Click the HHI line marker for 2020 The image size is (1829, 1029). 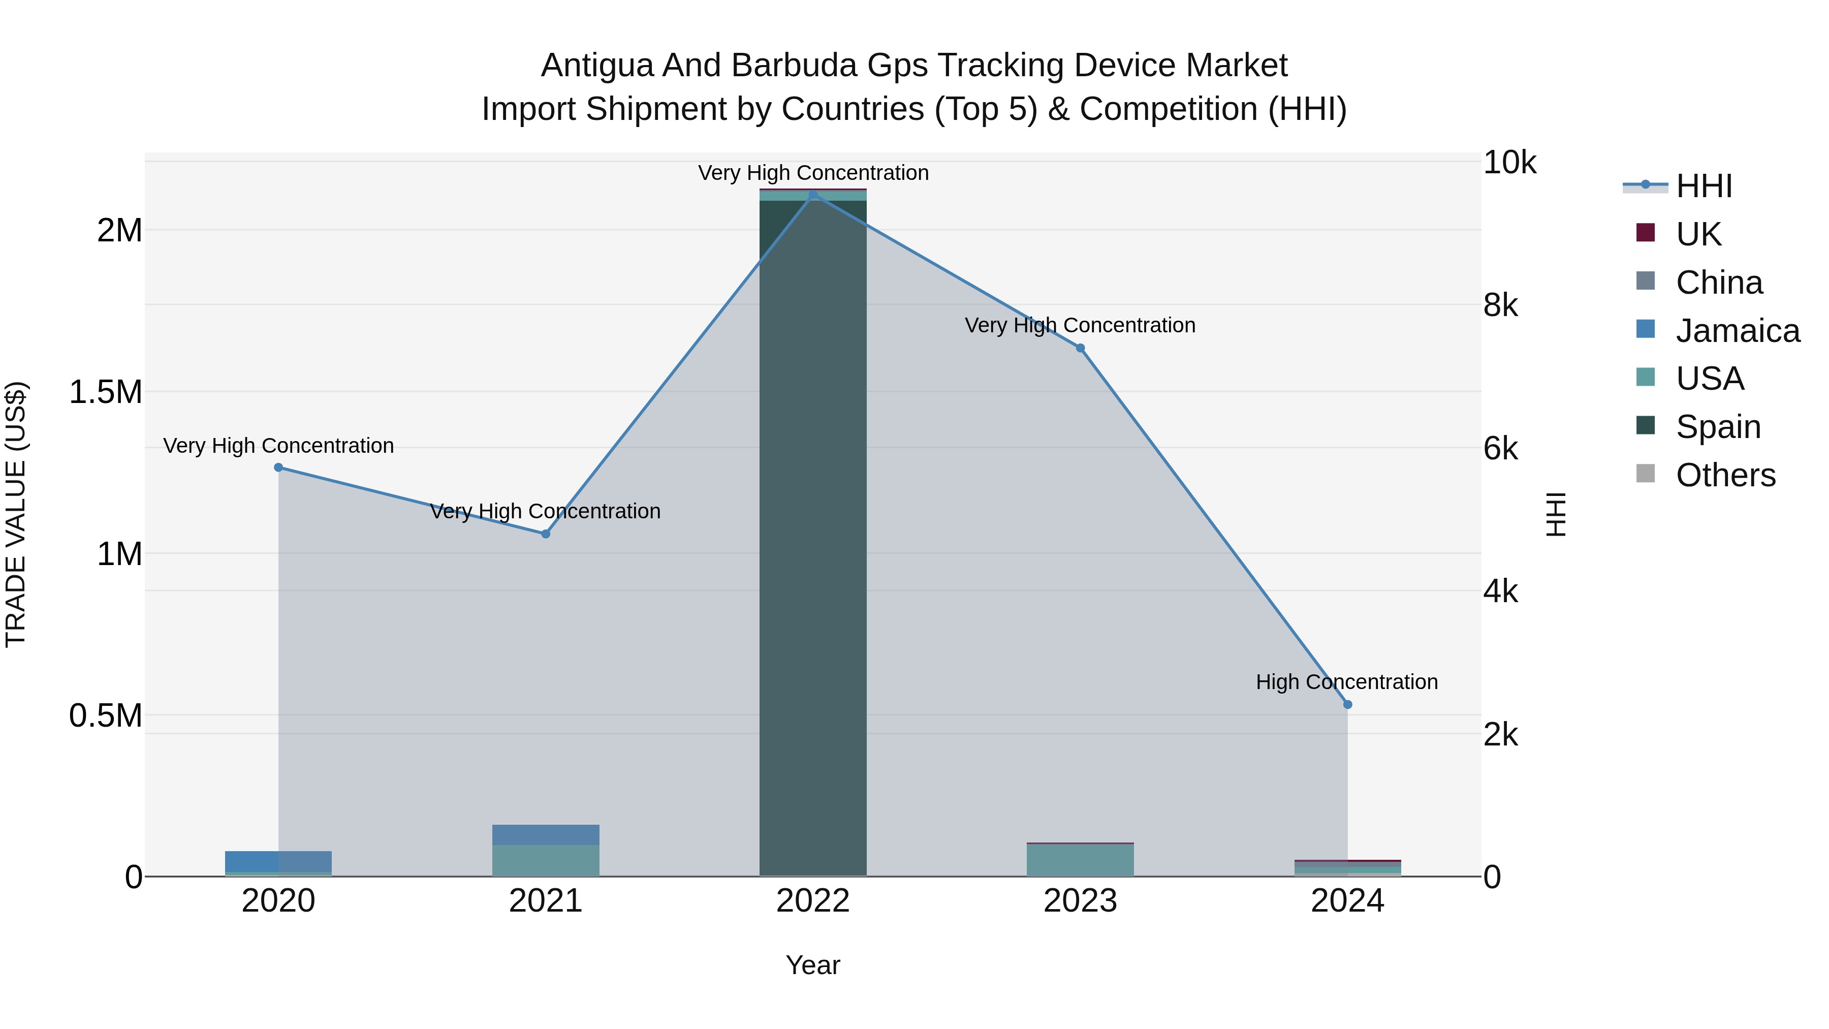click(278, 467)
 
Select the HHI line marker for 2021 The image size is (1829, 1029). click(545, 534)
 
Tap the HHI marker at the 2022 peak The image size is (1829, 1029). click(813, 195)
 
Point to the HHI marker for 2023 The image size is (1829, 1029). click(1080, 348)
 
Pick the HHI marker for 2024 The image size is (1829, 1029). click(1347, 704)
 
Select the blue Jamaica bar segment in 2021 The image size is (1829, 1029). click(545, 834)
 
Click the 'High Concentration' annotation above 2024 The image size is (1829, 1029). click(1346, 682)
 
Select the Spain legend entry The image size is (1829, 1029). click(1718, 427)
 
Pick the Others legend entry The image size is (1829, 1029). click(1725, 475)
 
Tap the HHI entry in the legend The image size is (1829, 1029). click(1704, 186)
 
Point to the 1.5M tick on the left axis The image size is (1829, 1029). click(105, 392)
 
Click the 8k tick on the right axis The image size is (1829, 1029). click(1500, 305)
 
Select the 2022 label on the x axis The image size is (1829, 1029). click(813, 901)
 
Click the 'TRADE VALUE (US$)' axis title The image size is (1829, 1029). click(16, 514)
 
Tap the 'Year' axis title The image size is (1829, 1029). click(813, 965)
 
